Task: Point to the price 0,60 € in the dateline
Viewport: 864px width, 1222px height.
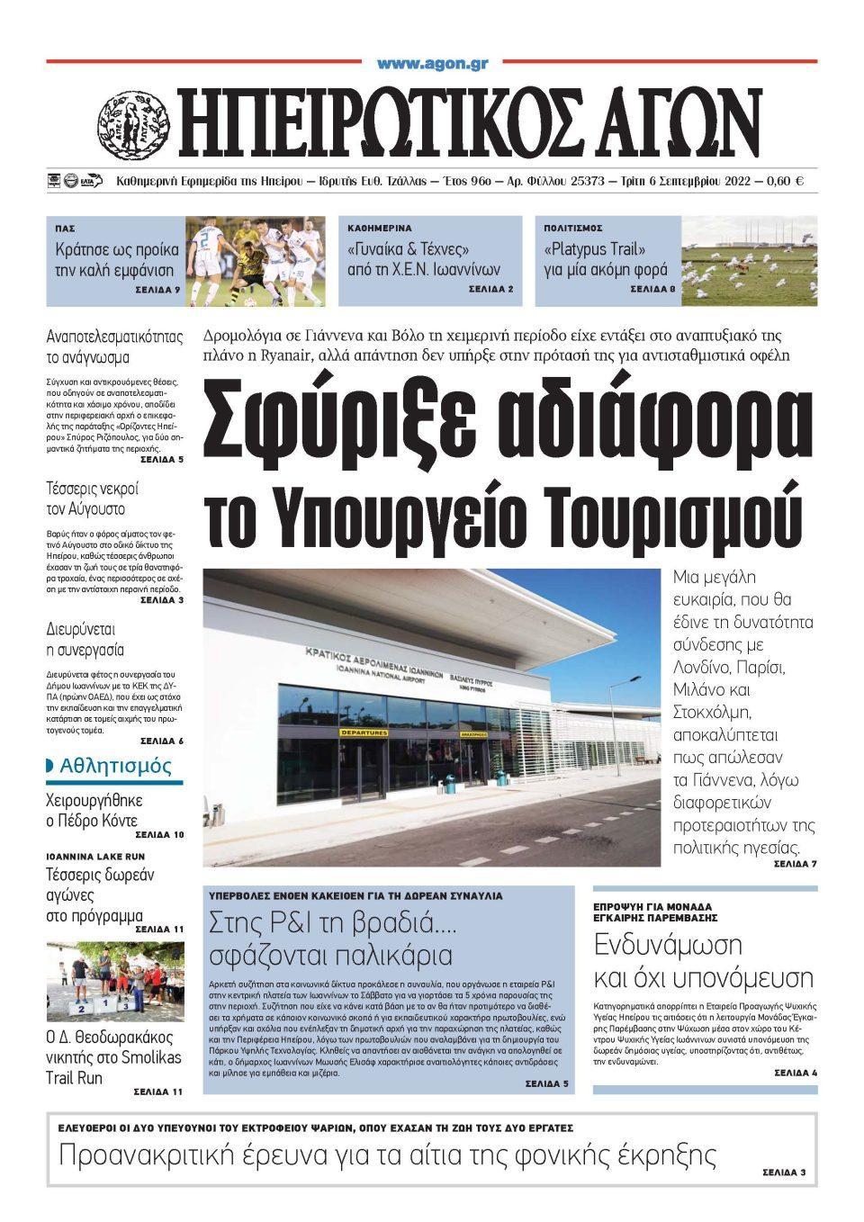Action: (x=785, y=181)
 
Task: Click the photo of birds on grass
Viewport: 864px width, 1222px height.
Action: (x=749, y=261)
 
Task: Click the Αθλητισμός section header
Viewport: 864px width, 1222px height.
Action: (x=114, y=767)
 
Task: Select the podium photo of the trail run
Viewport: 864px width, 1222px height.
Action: (x=114, y=981)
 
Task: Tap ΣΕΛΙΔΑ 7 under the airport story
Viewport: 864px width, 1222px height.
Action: (x=795, y=865)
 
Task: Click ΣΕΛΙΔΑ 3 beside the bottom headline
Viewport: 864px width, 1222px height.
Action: (x=783, y=1173)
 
